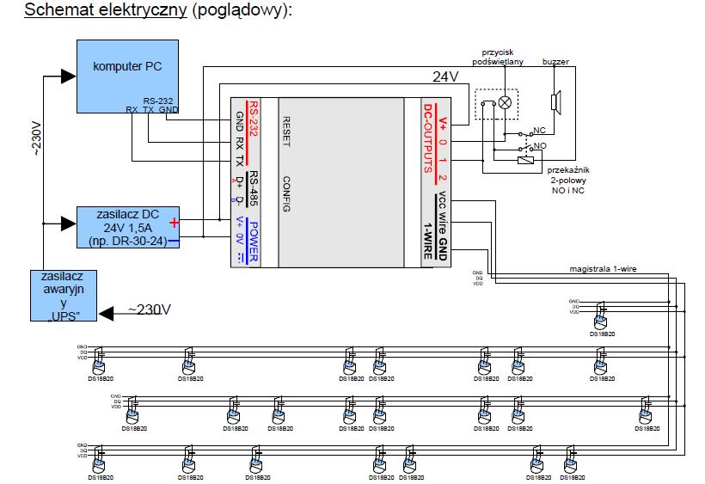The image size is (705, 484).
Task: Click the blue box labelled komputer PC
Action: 128,75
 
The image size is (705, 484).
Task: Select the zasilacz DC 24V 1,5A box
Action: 128,227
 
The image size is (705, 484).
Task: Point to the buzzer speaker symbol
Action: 556,101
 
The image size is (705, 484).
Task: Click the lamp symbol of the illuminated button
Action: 505,102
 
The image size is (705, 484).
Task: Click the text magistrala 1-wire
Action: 601,268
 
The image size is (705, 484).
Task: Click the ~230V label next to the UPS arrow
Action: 150,309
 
